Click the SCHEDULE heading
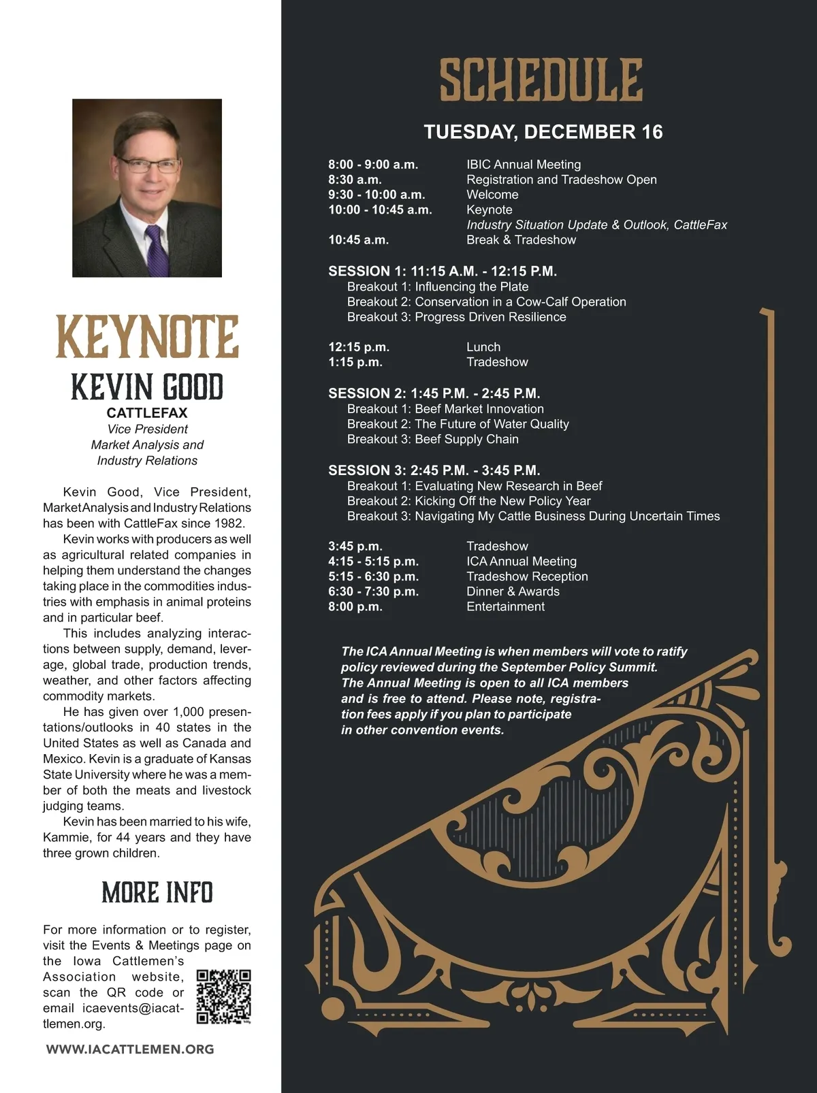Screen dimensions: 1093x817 541,80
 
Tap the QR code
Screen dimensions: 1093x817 223,997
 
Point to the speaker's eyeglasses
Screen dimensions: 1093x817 148,165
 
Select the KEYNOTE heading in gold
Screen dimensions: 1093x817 147,337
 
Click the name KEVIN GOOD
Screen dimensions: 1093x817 147,387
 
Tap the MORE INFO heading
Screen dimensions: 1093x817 157,892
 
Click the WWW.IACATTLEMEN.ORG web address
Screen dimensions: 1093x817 130,1049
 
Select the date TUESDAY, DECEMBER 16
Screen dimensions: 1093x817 543,132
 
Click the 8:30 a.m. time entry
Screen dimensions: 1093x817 355,180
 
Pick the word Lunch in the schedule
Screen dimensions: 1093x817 483,347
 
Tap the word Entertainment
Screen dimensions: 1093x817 505,606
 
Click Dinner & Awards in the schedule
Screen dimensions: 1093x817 513,591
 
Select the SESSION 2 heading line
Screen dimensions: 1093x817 434,393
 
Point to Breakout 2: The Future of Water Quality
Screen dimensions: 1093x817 458,424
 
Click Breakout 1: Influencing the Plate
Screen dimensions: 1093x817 437,287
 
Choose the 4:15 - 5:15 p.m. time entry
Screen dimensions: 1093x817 373,561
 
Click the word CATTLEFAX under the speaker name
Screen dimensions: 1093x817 147,412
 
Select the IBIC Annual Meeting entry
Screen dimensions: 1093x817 524,165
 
